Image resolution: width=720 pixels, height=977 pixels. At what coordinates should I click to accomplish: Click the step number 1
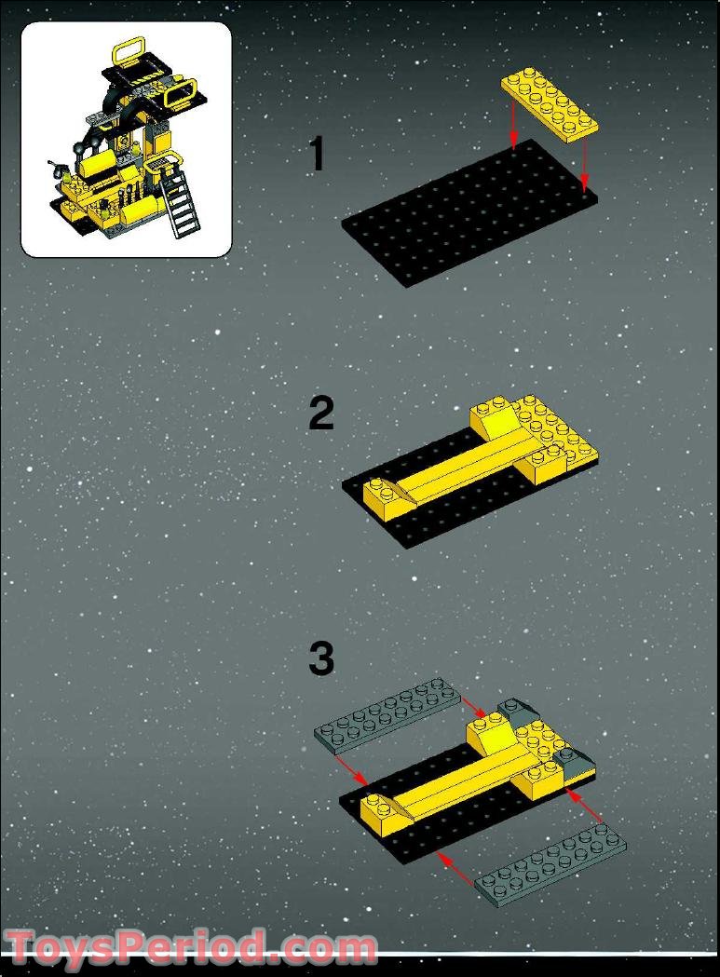pyautogui.click(x=317, y=155)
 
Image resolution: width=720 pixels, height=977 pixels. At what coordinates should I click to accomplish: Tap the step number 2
pyautogui.click(x=320, y=414)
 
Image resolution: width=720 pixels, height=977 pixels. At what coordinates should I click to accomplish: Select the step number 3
pyautogui.click(x=320, y=659)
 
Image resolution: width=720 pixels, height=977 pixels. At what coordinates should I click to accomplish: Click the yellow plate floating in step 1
pyautogui.click(x=550, y=105)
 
